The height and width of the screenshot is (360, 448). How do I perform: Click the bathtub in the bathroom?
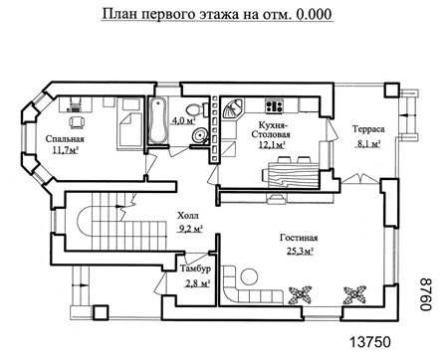pos(158,121)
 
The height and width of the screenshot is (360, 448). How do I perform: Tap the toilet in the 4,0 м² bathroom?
pos(195,108)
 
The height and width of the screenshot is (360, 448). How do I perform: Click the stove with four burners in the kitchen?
pos(274,105)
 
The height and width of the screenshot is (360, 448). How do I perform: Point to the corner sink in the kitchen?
pos(232,108)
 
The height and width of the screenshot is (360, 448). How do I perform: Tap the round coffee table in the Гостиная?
pos(249,276)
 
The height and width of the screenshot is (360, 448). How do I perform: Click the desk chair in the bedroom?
pos(77,122)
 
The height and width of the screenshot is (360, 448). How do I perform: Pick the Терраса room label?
pos(368,129)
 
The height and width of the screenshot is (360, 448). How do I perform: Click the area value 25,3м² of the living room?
pos(300,252)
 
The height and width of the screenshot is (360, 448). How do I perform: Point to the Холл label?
pos(188,216)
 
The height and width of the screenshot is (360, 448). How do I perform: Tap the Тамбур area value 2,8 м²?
pos(197,283)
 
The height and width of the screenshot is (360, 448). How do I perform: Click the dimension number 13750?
pos(370,342)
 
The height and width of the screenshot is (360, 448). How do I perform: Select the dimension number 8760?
pos(426,294)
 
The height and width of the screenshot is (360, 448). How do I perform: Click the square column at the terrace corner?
pos(392,90)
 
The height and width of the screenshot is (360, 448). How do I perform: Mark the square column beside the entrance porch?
pos(101,312)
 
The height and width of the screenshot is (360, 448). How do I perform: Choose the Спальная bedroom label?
pos(65,139)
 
